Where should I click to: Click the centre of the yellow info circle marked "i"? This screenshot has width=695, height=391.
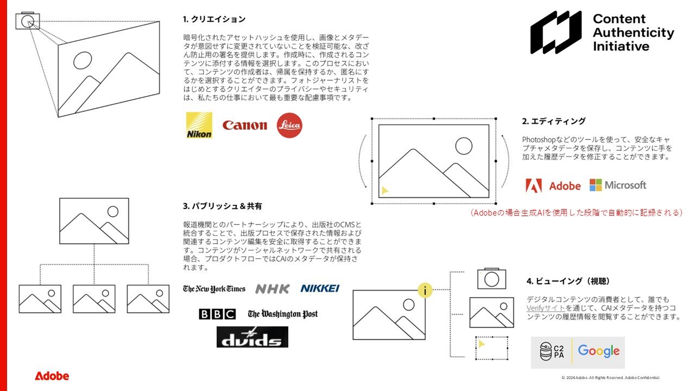click(x=425, y=291)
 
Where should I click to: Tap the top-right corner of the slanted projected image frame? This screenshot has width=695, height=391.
click(x=160, y=21)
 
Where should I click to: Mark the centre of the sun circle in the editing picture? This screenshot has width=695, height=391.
click(x=464, y=146)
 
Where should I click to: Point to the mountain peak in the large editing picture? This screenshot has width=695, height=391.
click(x=413, y=149)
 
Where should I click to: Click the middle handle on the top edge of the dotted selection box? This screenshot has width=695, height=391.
click(x=434, y=118)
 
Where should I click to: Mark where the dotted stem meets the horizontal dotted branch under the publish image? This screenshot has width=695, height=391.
click(x=94, y=264)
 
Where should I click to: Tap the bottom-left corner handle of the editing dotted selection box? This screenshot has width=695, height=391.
click(x=372, y=204)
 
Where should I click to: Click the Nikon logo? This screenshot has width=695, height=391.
click(x=199, y=125)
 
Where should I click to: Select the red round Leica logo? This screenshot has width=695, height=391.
click(x=289, y=125)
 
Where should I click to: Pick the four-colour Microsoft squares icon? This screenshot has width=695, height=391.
click(x=596, y=185)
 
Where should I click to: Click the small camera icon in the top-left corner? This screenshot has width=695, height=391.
click(x=28, y=21)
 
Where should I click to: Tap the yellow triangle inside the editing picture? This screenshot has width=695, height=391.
click(x=385, y=190)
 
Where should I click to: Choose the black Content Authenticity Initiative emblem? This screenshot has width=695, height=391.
click(x=555, y=32)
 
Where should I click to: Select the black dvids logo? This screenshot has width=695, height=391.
click(x=252, y=337)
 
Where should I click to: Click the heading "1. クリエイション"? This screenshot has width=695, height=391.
click(x=214, y=19)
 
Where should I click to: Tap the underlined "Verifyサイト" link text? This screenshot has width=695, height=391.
click(x=546, y=308)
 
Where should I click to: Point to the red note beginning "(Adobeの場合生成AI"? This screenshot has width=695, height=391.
click(x=576, y=212)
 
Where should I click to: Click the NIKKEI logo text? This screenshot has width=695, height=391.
click(x=320, y=288)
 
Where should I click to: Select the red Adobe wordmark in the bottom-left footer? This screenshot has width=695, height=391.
click(x=52, y=376)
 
